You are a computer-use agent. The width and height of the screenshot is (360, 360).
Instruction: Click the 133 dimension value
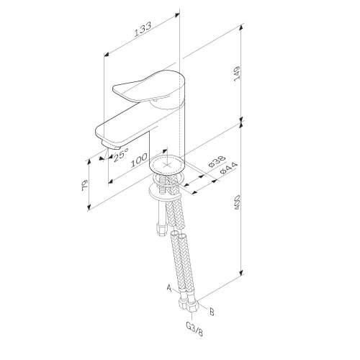[x=143, y=30]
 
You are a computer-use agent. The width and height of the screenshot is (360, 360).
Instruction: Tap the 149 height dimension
[x=237, y=74]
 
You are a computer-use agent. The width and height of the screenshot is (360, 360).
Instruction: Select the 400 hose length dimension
[x=237, y=202]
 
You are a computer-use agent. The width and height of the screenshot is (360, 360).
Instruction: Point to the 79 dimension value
[x=85, y=185]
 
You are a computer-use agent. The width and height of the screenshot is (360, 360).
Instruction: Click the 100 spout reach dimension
[x=139, y=160]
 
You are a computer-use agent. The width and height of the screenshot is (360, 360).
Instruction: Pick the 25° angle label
[x=121, y=155]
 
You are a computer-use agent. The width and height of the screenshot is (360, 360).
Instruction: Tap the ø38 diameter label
[x=217, y=161]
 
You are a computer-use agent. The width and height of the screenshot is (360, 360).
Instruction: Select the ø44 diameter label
[x=229, y=168]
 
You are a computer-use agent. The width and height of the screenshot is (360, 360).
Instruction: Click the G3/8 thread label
[x=194, y=329]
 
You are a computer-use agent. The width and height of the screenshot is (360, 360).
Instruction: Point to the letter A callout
[x=169, y=288]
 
